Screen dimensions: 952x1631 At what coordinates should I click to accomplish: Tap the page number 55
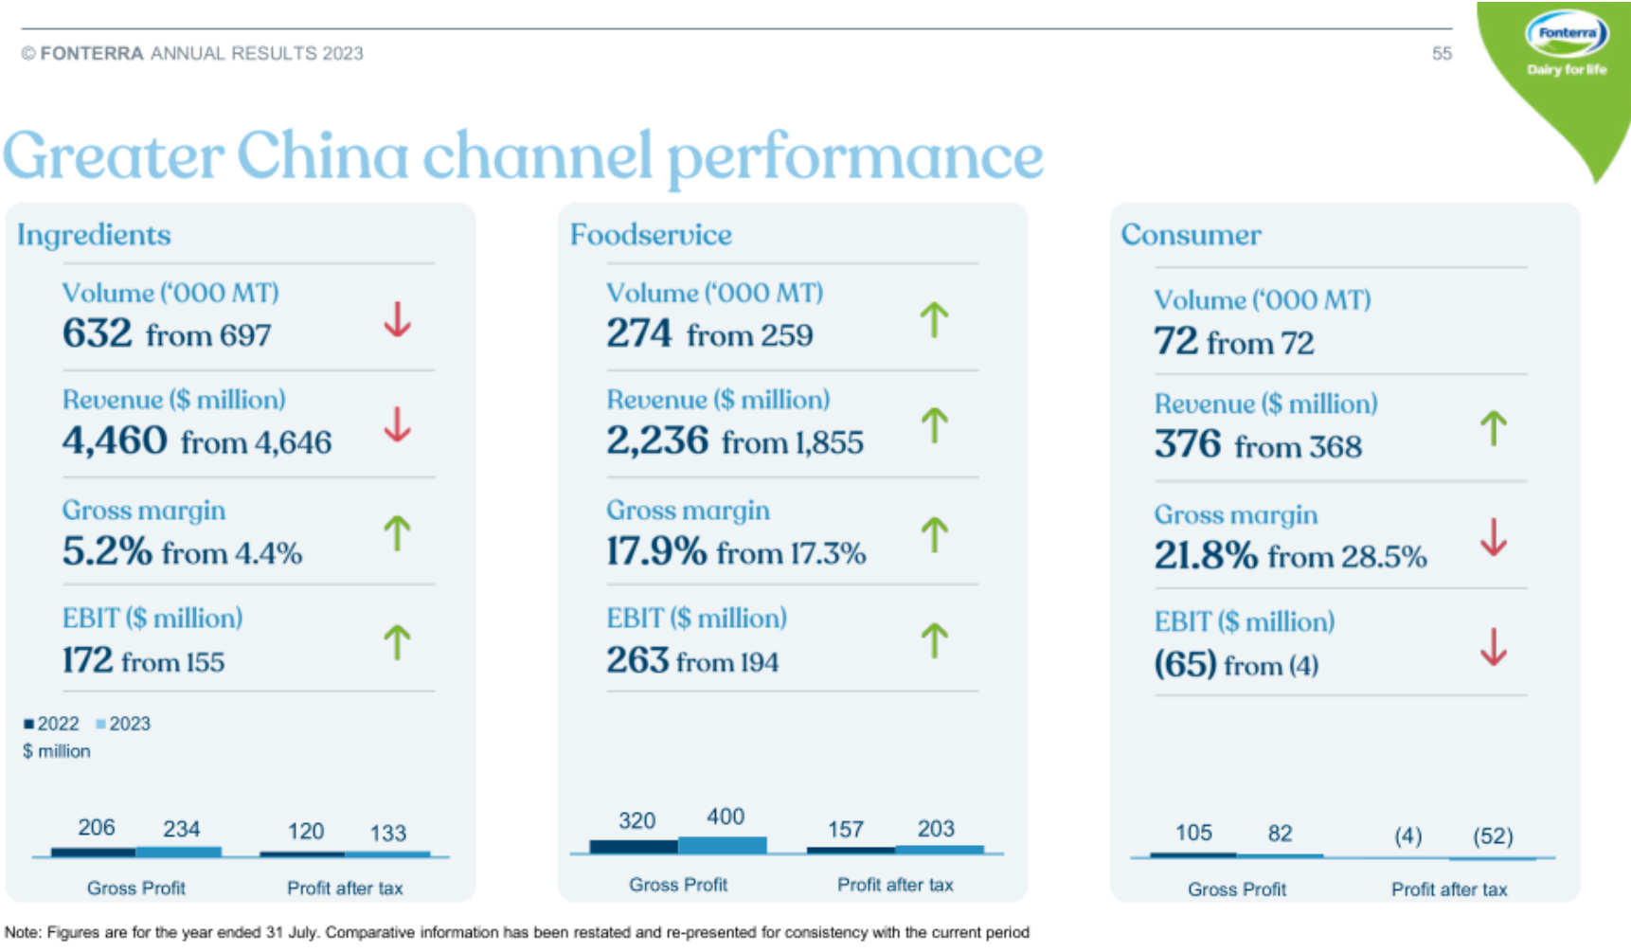pyautogui.click(x=1441, y=54)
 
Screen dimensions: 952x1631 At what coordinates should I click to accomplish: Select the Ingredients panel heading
pyautogui.click(x=94, y=235)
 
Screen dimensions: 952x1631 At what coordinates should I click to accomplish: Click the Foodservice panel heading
pyautogui.click(x=651, y=235)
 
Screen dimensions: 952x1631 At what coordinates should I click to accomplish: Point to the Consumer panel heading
pyautogui.click(x=1191, y=235)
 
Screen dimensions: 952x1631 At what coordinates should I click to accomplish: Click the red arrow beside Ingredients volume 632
pyautogui.click(x=397, y=320)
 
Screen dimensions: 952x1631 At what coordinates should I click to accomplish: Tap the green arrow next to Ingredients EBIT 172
pyautogui.click(x=397, y=642)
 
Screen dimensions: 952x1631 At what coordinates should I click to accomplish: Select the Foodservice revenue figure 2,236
pyautogui.click(x=657, y=440)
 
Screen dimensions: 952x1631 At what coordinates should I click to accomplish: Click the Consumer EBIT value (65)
pyautogui.click(x=1185, y=663)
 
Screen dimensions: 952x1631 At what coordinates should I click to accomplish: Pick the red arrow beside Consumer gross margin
pyautogui.click(x=1493, y=537)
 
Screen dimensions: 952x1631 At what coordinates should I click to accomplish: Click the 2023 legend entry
pyautogui.click(x=123, y=724)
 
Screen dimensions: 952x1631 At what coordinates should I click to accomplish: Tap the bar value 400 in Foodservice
pyautogui.click(x=726, y=817)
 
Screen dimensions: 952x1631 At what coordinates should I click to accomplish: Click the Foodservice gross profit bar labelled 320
pyautogui.click(x=633, y=846)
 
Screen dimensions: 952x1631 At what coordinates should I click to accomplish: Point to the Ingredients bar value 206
pyautogui.click(x=97, y=828)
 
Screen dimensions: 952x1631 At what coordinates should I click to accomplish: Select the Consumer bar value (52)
pyautogui.click(x=1493, y=836)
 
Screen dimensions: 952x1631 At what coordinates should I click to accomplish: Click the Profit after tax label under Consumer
pyautogui.click(x=1448, y=889)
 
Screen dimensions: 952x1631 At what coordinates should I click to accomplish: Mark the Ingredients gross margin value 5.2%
pyautogui.click(x=107, y=551)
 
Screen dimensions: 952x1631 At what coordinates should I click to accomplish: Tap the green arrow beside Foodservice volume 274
pyautogui.click(x=934, y=320)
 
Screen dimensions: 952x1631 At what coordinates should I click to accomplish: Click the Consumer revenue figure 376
pyautogui.click(x=1188, y=444)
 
